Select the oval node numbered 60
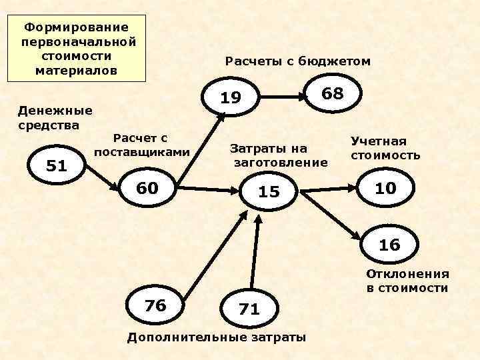(147, 189)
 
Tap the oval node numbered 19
(231, 99)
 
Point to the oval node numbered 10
(385, 189)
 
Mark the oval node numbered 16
(389, 245)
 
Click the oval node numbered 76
(155, 305)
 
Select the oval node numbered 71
(249, 308)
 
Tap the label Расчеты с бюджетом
(297, 61)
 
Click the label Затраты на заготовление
(278, 155)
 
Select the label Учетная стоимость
(385, 149)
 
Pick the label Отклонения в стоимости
(407, 281)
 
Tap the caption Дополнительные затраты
(217, 337)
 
